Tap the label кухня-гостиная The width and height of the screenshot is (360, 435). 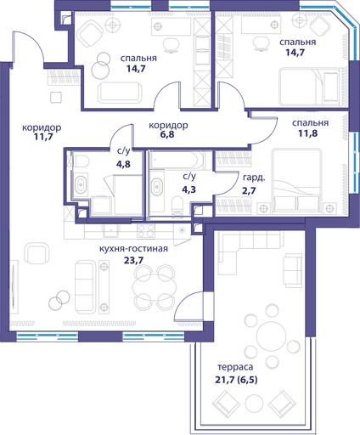[x=133, y=249]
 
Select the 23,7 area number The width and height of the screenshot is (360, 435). [x=133, y=260]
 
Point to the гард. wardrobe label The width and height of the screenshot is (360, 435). [x=254, y=178]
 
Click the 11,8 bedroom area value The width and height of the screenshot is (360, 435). [x=307, y=133]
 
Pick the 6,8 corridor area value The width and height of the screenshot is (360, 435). [x=167, y=134]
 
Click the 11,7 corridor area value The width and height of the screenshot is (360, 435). [x=42, y=138]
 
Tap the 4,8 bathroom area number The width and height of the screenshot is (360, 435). [x=123, y=164]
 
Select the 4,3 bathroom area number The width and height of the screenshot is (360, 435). [x=188, y=189]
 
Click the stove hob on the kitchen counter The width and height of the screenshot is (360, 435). [x=146, y=231]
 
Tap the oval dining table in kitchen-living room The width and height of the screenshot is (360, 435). [x=155, y=287]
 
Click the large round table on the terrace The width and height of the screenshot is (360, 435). [x=271, y=336]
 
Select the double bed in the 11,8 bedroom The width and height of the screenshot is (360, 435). [x=297, y=180]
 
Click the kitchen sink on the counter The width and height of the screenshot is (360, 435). [x=111, y=230]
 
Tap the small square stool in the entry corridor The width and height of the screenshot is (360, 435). [x=56, y=98]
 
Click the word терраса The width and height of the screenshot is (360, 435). [x=235, y=367]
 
